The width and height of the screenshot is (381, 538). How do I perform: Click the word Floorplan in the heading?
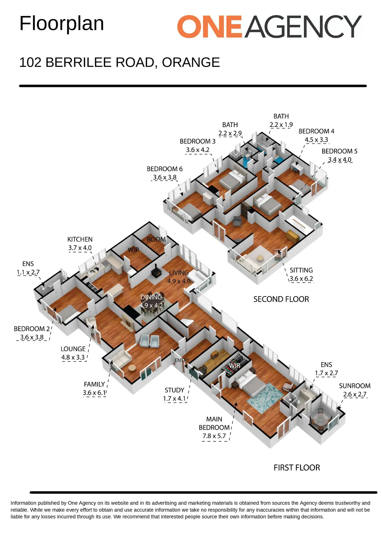pos(62,24)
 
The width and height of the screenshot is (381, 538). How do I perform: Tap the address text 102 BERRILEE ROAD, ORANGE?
pos(120,63)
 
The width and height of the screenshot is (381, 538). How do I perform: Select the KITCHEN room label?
pos(80,240)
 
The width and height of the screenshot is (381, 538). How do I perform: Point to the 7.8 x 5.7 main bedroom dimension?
pos(214,436)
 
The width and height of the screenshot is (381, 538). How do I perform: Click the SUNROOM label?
pos(355,386)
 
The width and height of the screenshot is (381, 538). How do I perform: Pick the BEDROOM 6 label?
pos(165,169)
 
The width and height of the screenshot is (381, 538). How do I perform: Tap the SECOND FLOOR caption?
pos(281,299)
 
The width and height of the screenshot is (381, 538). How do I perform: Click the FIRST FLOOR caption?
pos(297,468)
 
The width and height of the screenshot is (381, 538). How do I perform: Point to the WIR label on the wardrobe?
pos(235,365)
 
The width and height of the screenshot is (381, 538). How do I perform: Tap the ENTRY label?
pos(182,360)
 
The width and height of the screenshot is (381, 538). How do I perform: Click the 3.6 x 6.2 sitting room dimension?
pos(301,279)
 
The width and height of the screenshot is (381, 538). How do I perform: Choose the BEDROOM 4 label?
pos(316,131)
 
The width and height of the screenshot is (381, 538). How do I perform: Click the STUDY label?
pos(174,390)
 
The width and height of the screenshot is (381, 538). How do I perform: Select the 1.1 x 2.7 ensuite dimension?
pos(28,272)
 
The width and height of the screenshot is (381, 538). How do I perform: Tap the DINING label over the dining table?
pos(151,297)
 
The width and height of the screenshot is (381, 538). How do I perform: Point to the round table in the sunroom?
pos(320,420)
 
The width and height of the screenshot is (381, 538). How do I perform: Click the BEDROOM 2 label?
pos(32,329)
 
